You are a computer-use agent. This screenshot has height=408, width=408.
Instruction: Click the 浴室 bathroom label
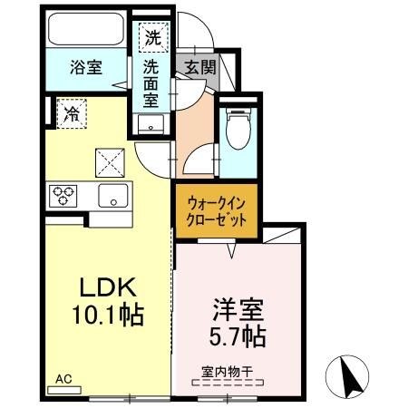pos(87,66)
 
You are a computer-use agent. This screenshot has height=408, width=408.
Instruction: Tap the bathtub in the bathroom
pos(86,32)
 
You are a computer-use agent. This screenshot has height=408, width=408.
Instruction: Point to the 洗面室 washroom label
pos(151,83)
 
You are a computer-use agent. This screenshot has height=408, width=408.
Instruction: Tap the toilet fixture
pos(238,126)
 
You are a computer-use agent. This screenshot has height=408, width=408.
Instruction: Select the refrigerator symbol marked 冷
pos(70,114)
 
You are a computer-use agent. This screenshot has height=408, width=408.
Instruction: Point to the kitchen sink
pos(113,194)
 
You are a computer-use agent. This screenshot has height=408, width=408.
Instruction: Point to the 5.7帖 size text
pos(238,336)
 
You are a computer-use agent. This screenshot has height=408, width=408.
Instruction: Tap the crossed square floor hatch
pos(110,162)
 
